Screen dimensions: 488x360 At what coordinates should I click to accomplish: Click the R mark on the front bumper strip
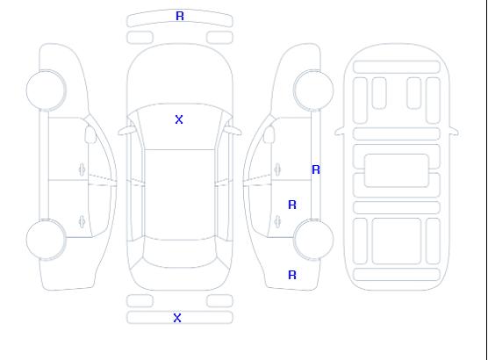(180, 16)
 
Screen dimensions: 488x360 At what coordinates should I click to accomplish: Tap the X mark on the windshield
(179, 119)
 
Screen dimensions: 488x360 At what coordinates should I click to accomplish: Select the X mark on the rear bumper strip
(177, 318)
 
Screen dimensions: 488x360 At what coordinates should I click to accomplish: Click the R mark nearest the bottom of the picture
(292, 275)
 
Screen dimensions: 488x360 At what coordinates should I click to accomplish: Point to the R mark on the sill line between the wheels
(316, 169)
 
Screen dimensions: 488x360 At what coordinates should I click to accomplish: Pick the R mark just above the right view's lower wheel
(292, 205)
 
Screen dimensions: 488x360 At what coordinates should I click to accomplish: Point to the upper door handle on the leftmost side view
(82, 169)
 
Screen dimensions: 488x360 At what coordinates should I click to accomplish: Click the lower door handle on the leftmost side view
(82, 221)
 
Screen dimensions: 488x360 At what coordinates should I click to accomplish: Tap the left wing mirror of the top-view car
(126, 131)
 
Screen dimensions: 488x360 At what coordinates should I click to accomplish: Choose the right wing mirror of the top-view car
(233, 131)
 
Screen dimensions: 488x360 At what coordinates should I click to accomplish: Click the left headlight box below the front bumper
(140, 38)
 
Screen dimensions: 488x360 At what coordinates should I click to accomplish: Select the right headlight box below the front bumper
(219, 38)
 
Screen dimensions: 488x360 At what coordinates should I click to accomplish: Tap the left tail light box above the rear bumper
(140, 301)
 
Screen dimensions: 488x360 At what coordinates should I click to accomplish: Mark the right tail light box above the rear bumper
(219, 301)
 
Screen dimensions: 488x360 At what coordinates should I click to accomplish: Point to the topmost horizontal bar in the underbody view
(397, 67)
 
